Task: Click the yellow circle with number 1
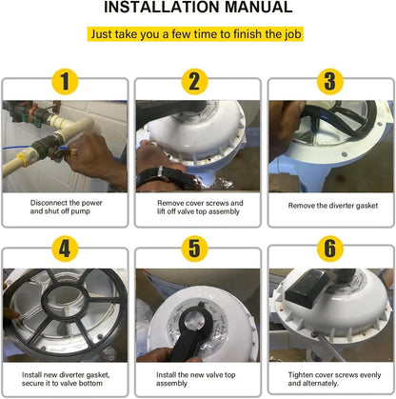65,82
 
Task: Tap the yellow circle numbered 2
194,82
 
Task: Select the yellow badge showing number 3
330,82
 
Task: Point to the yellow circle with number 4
65,249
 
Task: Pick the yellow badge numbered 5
194,249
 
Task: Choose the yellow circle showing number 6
330,249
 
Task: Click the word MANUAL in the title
258,7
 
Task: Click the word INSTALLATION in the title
162,7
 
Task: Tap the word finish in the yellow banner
247,34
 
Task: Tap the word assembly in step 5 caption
171,384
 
